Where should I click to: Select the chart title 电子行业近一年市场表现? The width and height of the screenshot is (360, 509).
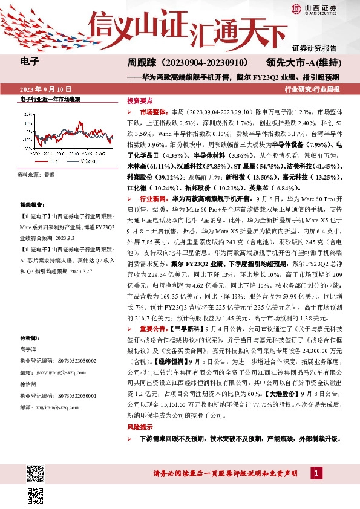point(50,99)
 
